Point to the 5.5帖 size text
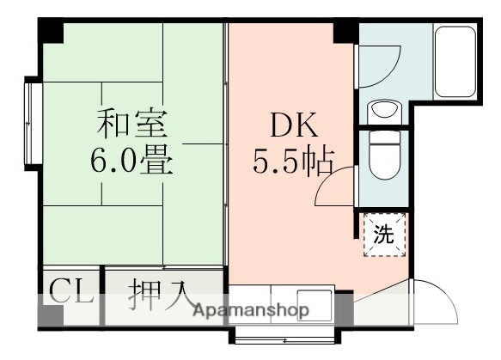[x=292, y=162]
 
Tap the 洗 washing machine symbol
[x=384, y=234]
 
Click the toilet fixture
[x=381, y=156]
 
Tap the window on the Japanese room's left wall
[x=33, y=121]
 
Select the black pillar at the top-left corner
[x=52, y=31]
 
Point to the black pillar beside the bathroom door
[x=345, y=32]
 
